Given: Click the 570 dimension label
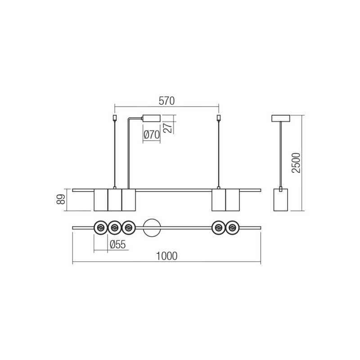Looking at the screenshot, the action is point(166,101).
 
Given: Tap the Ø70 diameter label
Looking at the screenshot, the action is point(152,135).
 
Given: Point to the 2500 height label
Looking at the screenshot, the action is point(296,162).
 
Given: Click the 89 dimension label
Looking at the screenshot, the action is point(61,199).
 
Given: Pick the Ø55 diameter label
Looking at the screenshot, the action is point(118,245).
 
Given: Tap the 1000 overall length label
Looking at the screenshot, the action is point(166,256).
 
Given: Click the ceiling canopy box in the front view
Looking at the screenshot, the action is point(151,118).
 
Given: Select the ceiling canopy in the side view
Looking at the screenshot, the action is point(281,118).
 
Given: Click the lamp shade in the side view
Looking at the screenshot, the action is point(280,200).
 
